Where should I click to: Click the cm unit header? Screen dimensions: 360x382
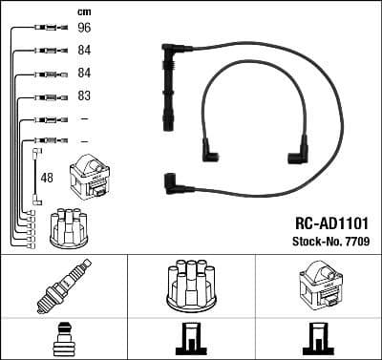click(x=83, y=11)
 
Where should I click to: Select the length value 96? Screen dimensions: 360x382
click(x=84, y=28)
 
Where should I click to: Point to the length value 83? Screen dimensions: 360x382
click(x=84, y=96)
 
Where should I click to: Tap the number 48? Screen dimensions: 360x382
click(x=46, y=178)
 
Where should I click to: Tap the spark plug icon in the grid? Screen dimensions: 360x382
click(x=64, y=285)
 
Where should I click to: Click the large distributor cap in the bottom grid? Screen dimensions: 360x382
click(x=191, y=284)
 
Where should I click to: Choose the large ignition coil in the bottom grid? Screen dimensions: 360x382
click(x=318, y=284)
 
